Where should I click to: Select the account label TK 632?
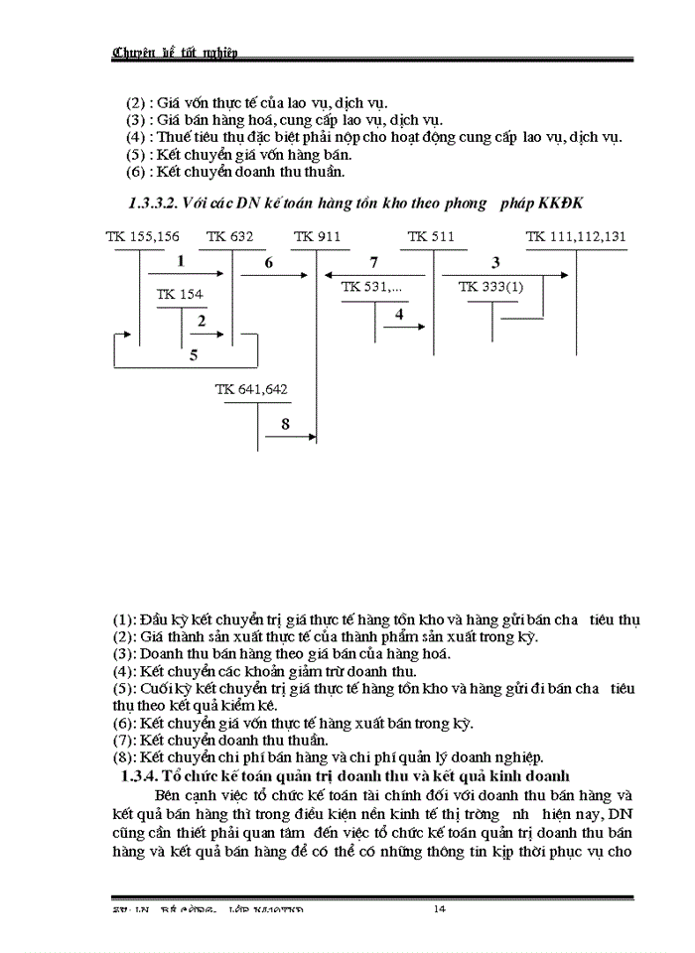tap(230, 236)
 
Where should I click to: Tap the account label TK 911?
tap(317, 236)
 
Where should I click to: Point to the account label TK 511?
tap(431, 236)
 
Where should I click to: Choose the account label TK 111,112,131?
tap(576, 236)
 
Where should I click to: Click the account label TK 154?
tap(180, 294)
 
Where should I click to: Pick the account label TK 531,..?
tap(372, 286)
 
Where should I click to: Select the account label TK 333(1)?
tap(490, 286)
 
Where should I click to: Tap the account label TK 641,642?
tap(251, 389)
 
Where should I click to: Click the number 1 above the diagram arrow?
tap(181, 262)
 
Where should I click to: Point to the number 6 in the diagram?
tap(268, 263)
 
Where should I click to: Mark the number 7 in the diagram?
tap(373, 263)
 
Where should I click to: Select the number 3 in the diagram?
tap(495, 262)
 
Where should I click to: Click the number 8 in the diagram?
tap(285, 424)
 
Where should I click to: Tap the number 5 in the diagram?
tap(194, 354)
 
